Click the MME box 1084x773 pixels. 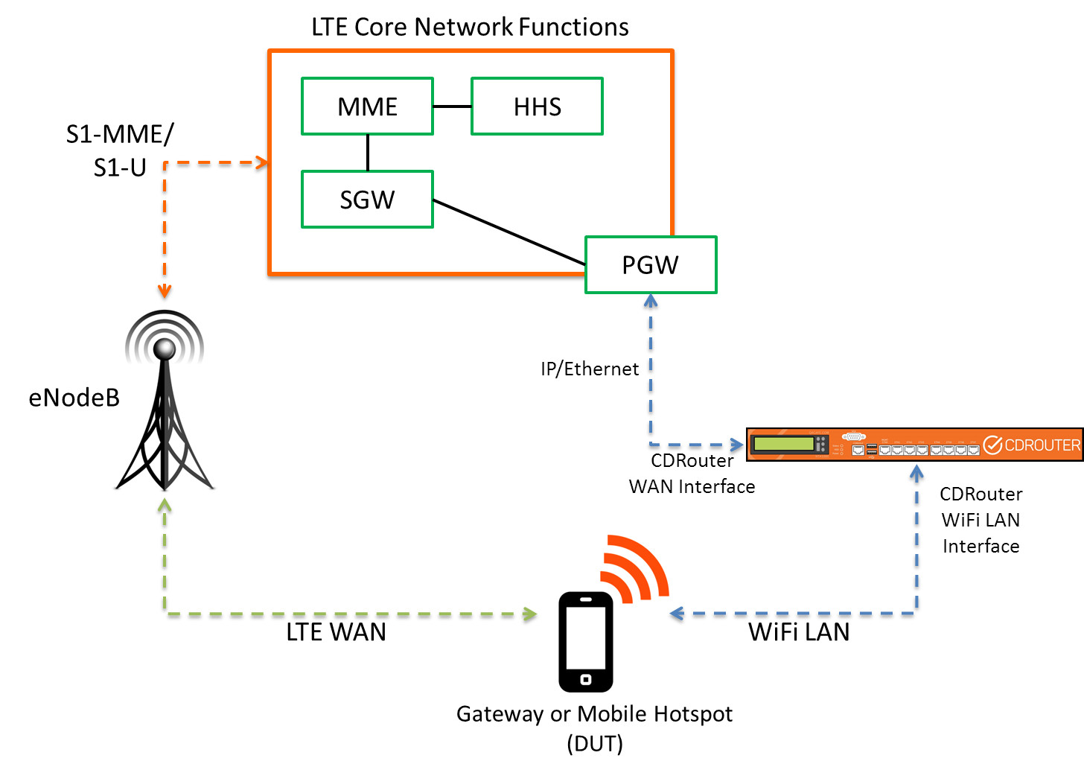coord(367,106)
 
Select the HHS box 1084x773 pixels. coord(537,106)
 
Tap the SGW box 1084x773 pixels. coord(367,200)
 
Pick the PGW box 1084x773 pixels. coord(651,265)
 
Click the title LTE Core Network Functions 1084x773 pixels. coord(470,27)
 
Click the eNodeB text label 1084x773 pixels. coord(74,398)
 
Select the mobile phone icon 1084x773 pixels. coord(586,641)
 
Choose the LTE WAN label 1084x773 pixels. coord(336,632)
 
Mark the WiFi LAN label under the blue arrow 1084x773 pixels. coord(799,632)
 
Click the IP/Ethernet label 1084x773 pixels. coord(590,369)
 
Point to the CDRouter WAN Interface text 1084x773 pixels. coord(692,474)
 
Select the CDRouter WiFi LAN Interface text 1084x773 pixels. coord(981,520)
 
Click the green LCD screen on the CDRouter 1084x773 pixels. coord(783,444)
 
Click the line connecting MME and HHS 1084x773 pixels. coord(452,106)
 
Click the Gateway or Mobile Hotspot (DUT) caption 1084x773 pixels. coord(594,728)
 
